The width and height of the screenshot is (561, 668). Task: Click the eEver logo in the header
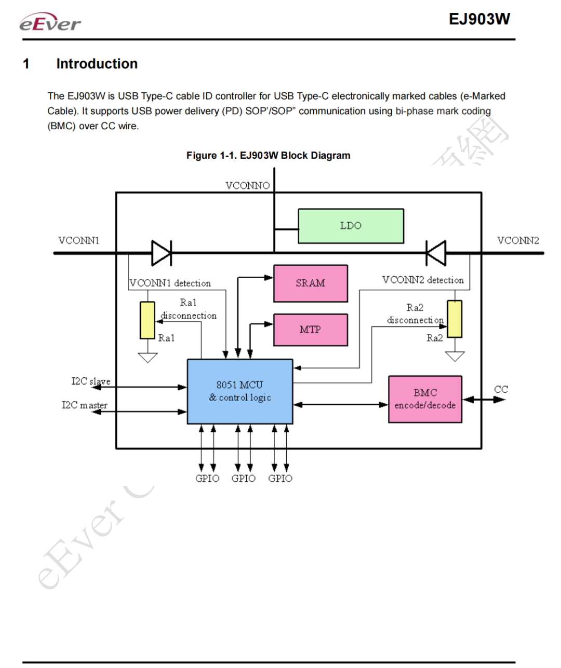point(50,22)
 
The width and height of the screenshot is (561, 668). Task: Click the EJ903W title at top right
point(479,19)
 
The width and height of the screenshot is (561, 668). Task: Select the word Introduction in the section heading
point(97,64)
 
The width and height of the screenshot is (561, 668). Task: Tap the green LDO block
point(351,226)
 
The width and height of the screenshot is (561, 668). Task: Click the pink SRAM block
point(311,283)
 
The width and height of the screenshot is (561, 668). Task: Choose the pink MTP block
point(311,330)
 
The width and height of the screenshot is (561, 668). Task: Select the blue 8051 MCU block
point(240,391)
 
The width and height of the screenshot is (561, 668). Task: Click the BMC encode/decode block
point(425,399)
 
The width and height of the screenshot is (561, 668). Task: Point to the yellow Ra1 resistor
point(148,320)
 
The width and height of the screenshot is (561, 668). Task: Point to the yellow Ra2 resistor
point(455,319)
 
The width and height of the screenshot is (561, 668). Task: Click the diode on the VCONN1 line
point(162,253)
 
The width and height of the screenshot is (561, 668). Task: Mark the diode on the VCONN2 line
point(436,253)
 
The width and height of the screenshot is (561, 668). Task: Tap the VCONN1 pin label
point(79,240)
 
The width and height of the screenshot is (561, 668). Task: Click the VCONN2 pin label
point(518,240)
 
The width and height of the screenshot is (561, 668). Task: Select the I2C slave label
point(91,381)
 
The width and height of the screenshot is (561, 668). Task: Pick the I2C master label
point(85,405)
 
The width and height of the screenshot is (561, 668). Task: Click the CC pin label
point(501,389)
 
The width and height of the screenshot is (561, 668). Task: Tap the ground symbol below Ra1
point(148,358)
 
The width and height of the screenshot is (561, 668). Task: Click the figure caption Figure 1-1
point(269,156)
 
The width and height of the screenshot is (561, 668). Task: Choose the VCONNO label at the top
point(248,186)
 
